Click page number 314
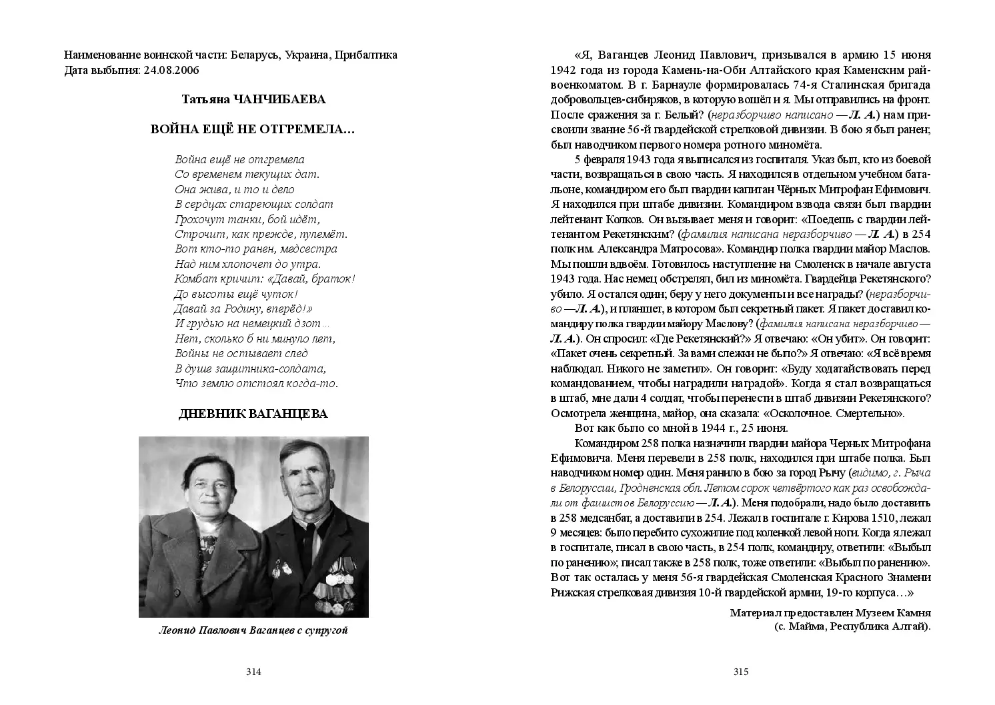pos(253,672)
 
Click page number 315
pos(741,672)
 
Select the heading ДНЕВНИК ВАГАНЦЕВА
pos(253,414)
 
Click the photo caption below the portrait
pos(253,630)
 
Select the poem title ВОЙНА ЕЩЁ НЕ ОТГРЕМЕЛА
pos(253,129)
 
